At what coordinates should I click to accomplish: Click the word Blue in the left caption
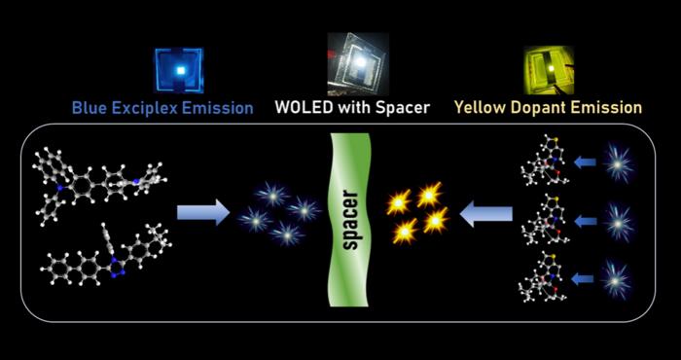tap(92, 108)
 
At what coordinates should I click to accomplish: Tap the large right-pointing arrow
tap(202, 211)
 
